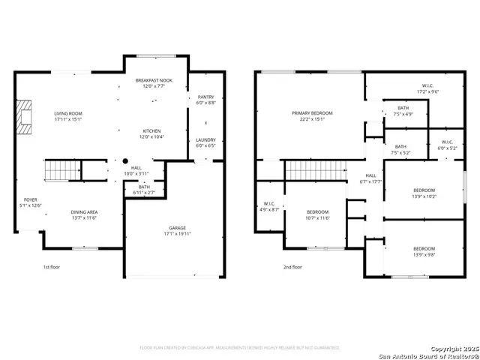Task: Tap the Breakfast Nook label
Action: click(x=154, y=79)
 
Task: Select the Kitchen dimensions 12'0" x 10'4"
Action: click(x=151, y=136)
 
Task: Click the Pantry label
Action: click(x=205, y=97)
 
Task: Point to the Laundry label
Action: click(x=205, y=139)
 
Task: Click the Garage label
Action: click(x=177, y=227)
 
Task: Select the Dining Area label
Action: click(x=84, y=212)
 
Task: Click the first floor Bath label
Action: click(x=142, y=187)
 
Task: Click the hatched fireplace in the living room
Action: click(x=27, y=117)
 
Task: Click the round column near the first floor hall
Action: click(x=126, y=160)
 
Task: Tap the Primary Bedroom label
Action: click(x=312, y=113)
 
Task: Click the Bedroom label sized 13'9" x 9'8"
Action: click(x=424, y=249)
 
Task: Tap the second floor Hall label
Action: click(x=370, y=176)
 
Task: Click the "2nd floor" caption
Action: click(x=292, y=266)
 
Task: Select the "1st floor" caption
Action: click(x=51, y=266)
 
